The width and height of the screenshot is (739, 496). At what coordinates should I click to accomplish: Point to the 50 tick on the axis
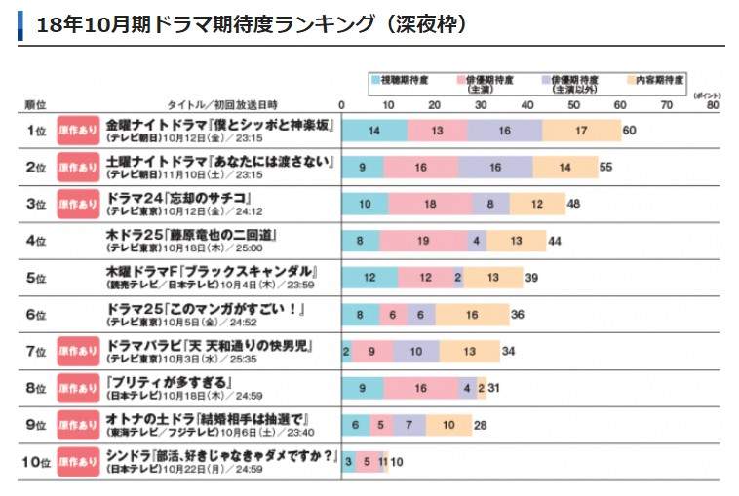(573, 104)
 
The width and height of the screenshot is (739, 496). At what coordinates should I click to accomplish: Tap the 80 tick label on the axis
(713, 104)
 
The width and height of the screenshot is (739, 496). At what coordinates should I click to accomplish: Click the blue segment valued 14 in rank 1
(374, 131)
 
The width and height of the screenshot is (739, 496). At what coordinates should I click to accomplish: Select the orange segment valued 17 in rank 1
(581, 131)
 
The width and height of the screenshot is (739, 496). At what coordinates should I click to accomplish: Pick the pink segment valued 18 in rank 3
(429, 204)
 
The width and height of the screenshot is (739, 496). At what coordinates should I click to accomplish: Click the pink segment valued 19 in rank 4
(423, 240)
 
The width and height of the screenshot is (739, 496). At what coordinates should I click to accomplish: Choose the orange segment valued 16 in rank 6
(472, 314)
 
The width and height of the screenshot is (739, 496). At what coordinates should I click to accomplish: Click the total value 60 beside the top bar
(629, 131)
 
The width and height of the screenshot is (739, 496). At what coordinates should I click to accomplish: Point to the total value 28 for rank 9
(480, 425)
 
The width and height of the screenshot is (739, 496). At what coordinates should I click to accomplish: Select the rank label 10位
(36, 461)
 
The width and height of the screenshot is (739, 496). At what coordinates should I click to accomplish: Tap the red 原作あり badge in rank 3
(78, 204)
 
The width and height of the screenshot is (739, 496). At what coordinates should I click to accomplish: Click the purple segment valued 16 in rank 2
(495, 167)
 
